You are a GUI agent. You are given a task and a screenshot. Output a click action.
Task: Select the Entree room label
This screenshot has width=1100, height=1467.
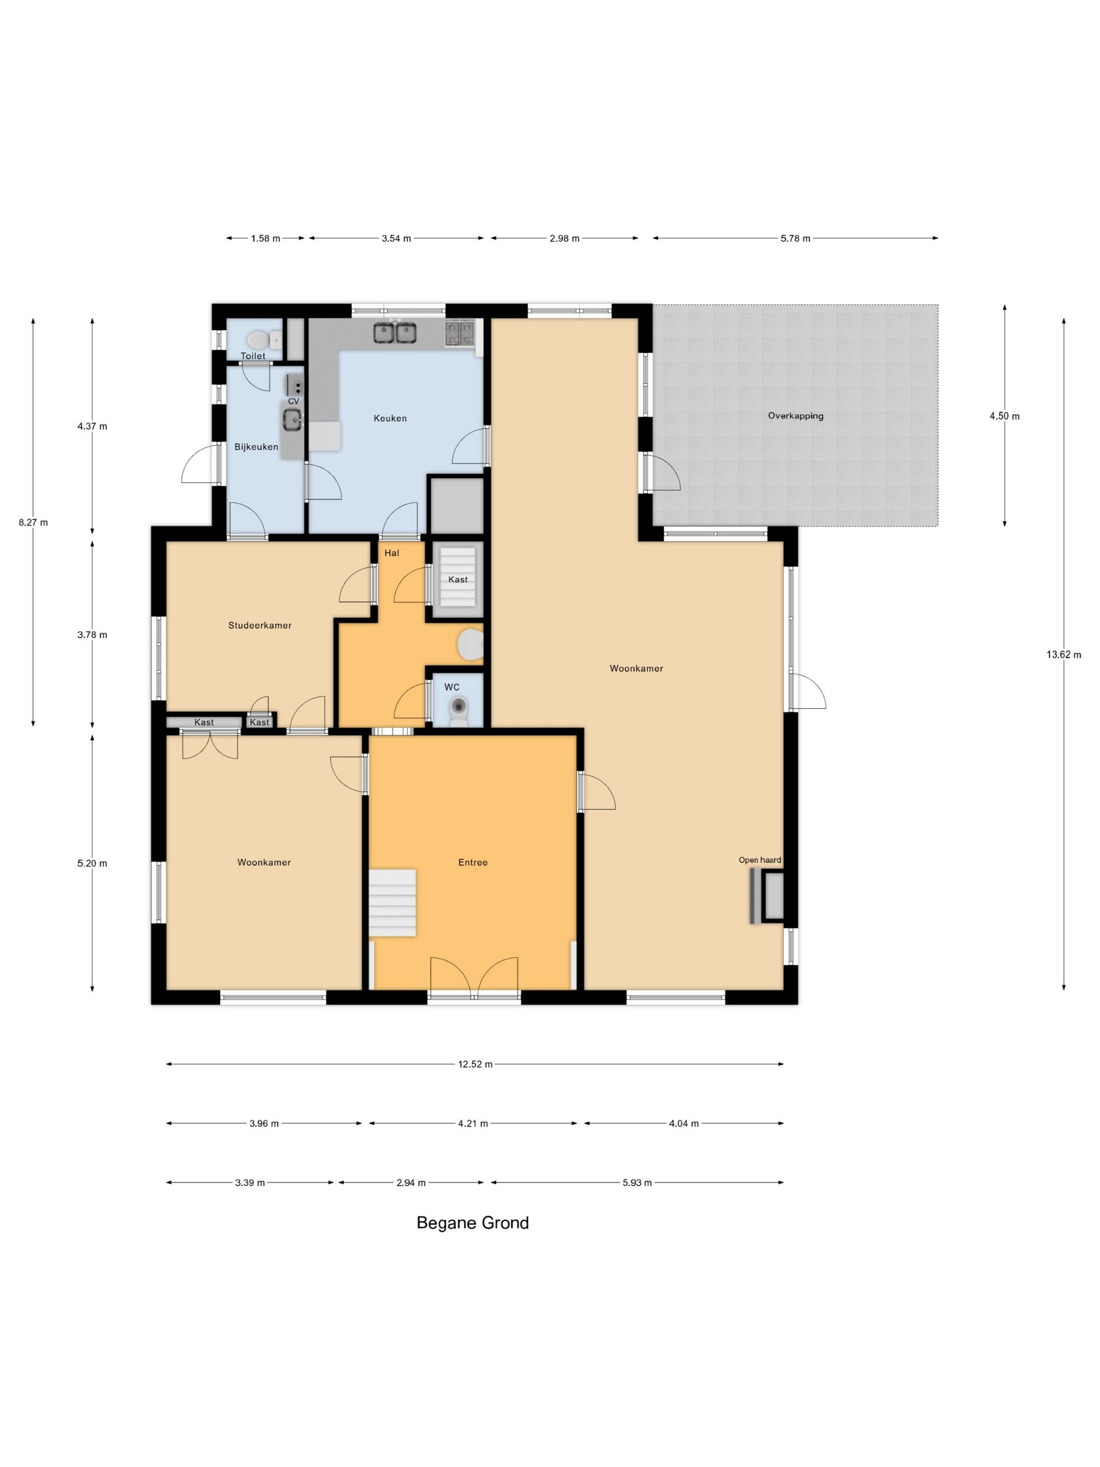pos(473,862)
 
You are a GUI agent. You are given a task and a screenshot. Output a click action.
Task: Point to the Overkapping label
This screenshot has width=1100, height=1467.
pos(796,417)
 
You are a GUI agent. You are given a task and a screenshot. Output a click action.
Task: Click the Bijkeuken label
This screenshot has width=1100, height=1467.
pos(256,447)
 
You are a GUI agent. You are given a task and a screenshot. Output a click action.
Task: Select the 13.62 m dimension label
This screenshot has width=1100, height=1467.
pos(1063,654)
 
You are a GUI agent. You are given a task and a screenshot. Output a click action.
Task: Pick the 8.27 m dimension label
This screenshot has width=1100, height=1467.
pos(33,522)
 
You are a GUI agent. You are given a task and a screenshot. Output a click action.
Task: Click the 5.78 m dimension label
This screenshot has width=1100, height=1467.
pos(795,239)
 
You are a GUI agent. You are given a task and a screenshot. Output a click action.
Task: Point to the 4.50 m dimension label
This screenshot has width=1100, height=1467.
pos(1005,416)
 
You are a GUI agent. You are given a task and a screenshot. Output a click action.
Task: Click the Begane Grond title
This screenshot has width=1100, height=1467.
pos(473,1223)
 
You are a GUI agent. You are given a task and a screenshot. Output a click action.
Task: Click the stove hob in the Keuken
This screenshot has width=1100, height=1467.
pos(460,332)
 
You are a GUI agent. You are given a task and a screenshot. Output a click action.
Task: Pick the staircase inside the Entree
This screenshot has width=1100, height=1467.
pos(392,903)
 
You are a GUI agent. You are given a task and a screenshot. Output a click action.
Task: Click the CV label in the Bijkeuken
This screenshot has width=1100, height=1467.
pos(293,401)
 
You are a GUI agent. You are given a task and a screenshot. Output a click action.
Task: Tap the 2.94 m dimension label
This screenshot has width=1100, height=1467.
pos(411,1183)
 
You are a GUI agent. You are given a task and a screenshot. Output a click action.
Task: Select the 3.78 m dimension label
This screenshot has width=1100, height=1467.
pos(92,634)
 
